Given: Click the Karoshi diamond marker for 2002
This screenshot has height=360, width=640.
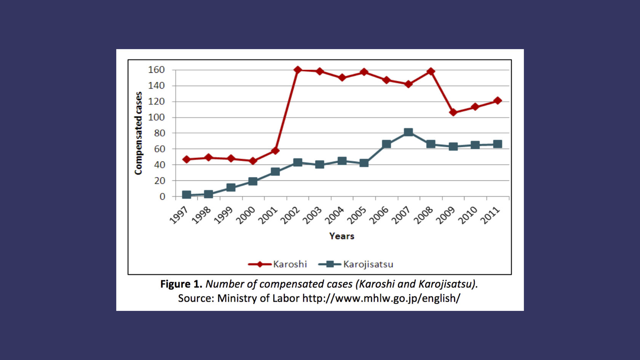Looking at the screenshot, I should [298, 70].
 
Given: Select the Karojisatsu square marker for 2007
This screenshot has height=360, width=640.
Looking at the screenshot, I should [408, 132].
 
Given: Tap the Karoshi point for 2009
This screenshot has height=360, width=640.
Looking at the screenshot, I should [453, 112].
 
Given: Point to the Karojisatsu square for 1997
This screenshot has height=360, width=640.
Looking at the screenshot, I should [186, 195].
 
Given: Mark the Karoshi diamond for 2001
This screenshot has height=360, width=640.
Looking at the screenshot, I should [275, 151].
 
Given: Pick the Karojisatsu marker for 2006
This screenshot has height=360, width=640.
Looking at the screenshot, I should [386, 144].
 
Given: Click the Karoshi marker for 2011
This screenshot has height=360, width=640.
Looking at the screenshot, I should [498, 101].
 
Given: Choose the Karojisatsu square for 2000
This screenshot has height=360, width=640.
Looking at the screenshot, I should [253, 181].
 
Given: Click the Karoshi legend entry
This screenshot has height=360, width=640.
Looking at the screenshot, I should [278, 264].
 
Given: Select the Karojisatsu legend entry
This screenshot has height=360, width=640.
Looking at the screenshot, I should [356, 264].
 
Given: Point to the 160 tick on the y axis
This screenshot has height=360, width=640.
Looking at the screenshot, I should [156, 70].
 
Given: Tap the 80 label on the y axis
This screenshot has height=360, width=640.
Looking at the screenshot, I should [160, 133].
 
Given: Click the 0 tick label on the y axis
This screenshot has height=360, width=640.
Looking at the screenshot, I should [162, 197].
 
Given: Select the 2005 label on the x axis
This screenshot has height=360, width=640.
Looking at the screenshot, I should [357, 216].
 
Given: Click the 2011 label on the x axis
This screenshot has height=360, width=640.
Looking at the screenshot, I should [490, 216].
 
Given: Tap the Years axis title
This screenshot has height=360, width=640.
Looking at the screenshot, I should [342, 236].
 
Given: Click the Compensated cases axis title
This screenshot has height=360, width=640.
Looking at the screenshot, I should [138, 133].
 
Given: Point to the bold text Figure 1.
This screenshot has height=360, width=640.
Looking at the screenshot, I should [181, 284].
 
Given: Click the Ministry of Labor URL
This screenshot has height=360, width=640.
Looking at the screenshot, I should [381, 298].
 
